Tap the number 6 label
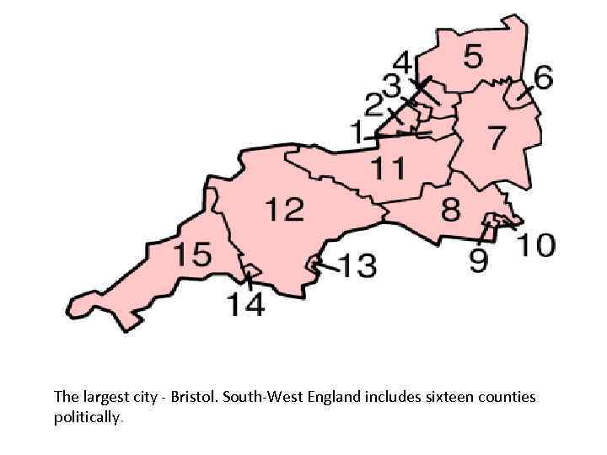[543, 78]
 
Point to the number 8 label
[452, 207]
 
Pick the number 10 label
[535, 245]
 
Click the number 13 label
[357, 266]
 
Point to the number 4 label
[404, 62]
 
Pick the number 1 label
[358, 131]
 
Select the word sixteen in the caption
[432, 396]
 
